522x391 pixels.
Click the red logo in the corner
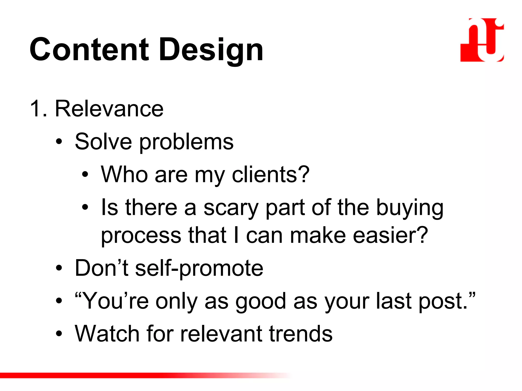(482, 40)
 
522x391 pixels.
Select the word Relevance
(109, 109)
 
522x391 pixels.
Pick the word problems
(186, 142)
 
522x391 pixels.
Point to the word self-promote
(199, 268)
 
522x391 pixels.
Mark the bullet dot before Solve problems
(59, 142)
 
